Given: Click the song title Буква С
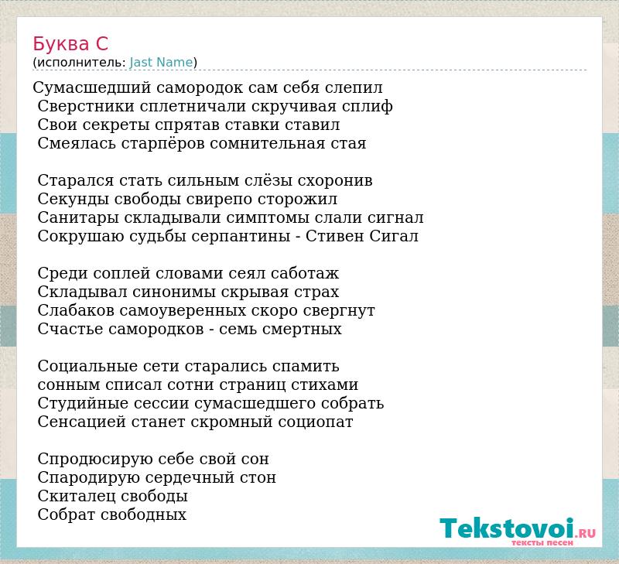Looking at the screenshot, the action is [70, 44].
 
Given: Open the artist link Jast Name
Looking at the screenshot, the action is [161, 63].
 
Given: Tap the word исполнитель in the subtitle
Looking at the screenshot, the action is [81, 63].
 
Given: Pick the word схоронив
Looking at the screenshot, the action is [335, 181].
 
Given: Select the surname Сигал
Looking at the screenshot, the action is [394, 236].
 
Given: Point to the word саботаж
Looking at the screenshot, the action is [305, 274].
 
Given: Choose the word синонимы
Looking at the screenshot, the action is [174, 292].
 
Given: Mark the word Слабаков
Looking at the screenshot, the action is [76, 310].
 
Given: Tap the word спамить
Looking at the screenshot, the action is [306, 367].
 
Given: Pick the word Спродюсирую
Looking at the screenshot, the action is [95, 460].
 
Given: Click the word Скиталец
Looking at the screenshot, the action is [77, 497].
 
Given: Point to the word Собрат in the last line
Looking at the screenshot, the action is [67, 514].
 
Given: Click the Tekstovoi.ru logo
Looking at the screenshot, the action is [518, 531].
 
